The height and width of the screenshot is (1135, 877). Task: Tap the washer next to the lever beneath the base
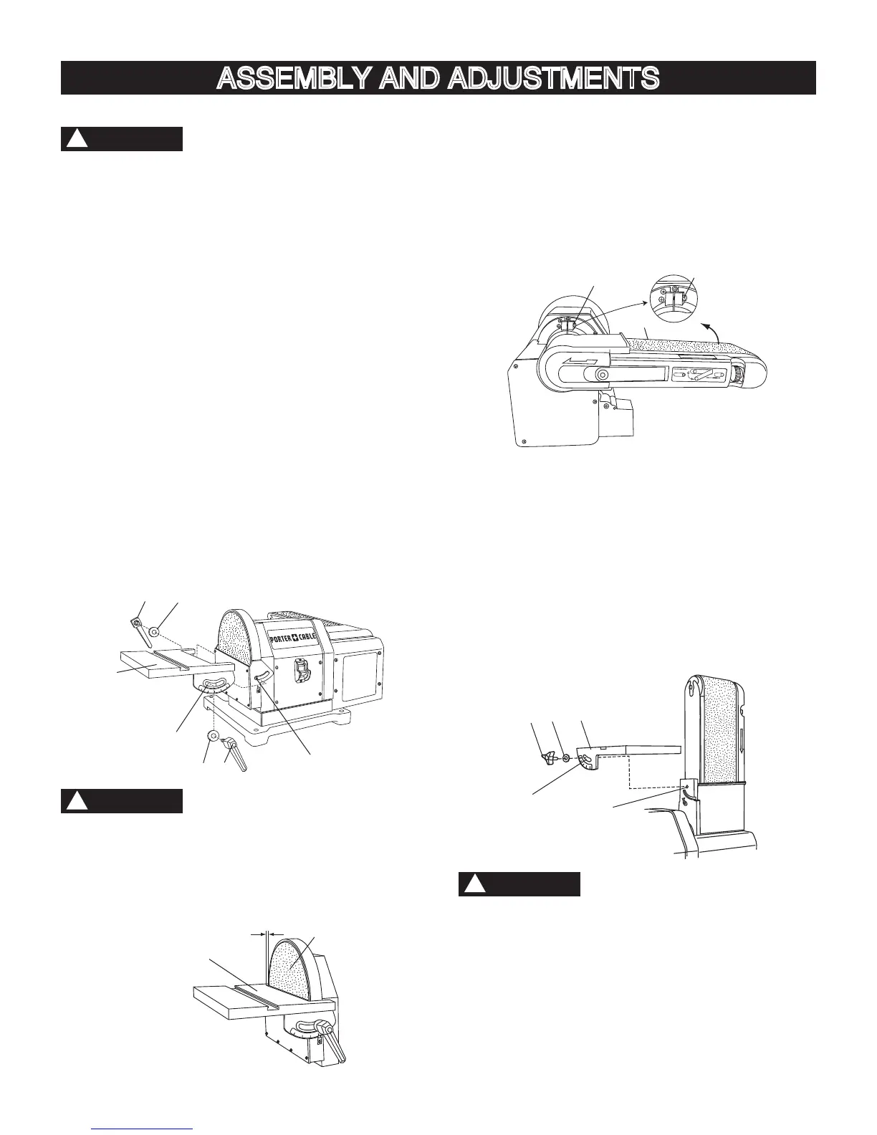213,737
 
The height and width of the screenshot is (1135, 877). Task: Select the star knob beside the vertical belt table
549,757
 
